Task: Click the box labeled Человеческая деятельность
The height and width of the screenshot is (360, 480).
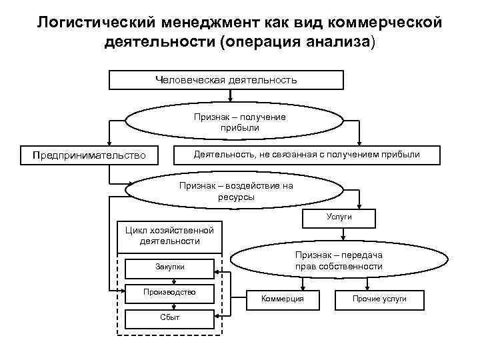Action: point(226,79)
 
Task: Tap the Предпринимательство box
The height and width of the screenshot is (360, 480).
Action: point(89,155)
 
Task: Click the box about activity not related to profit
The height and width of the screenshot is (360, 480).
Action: point(306,155)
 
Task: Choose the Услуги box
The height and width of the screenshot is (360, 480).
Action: point(339,217)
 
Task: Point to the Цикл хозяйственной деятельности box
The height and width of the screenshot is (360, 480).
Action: point(169,235)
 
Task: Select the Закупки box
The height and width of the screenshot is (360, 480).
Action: point(169,267)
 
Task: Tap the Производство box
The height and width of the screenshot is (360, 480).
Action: point(169,292)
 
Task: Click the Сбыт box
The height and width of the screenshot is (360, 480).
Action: point(169,317)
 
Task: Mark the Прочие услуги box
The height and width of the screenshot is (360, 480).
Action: point(379,298)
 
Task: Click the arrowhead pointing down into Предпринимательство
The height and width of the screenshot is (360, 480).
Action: point(110,142)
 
